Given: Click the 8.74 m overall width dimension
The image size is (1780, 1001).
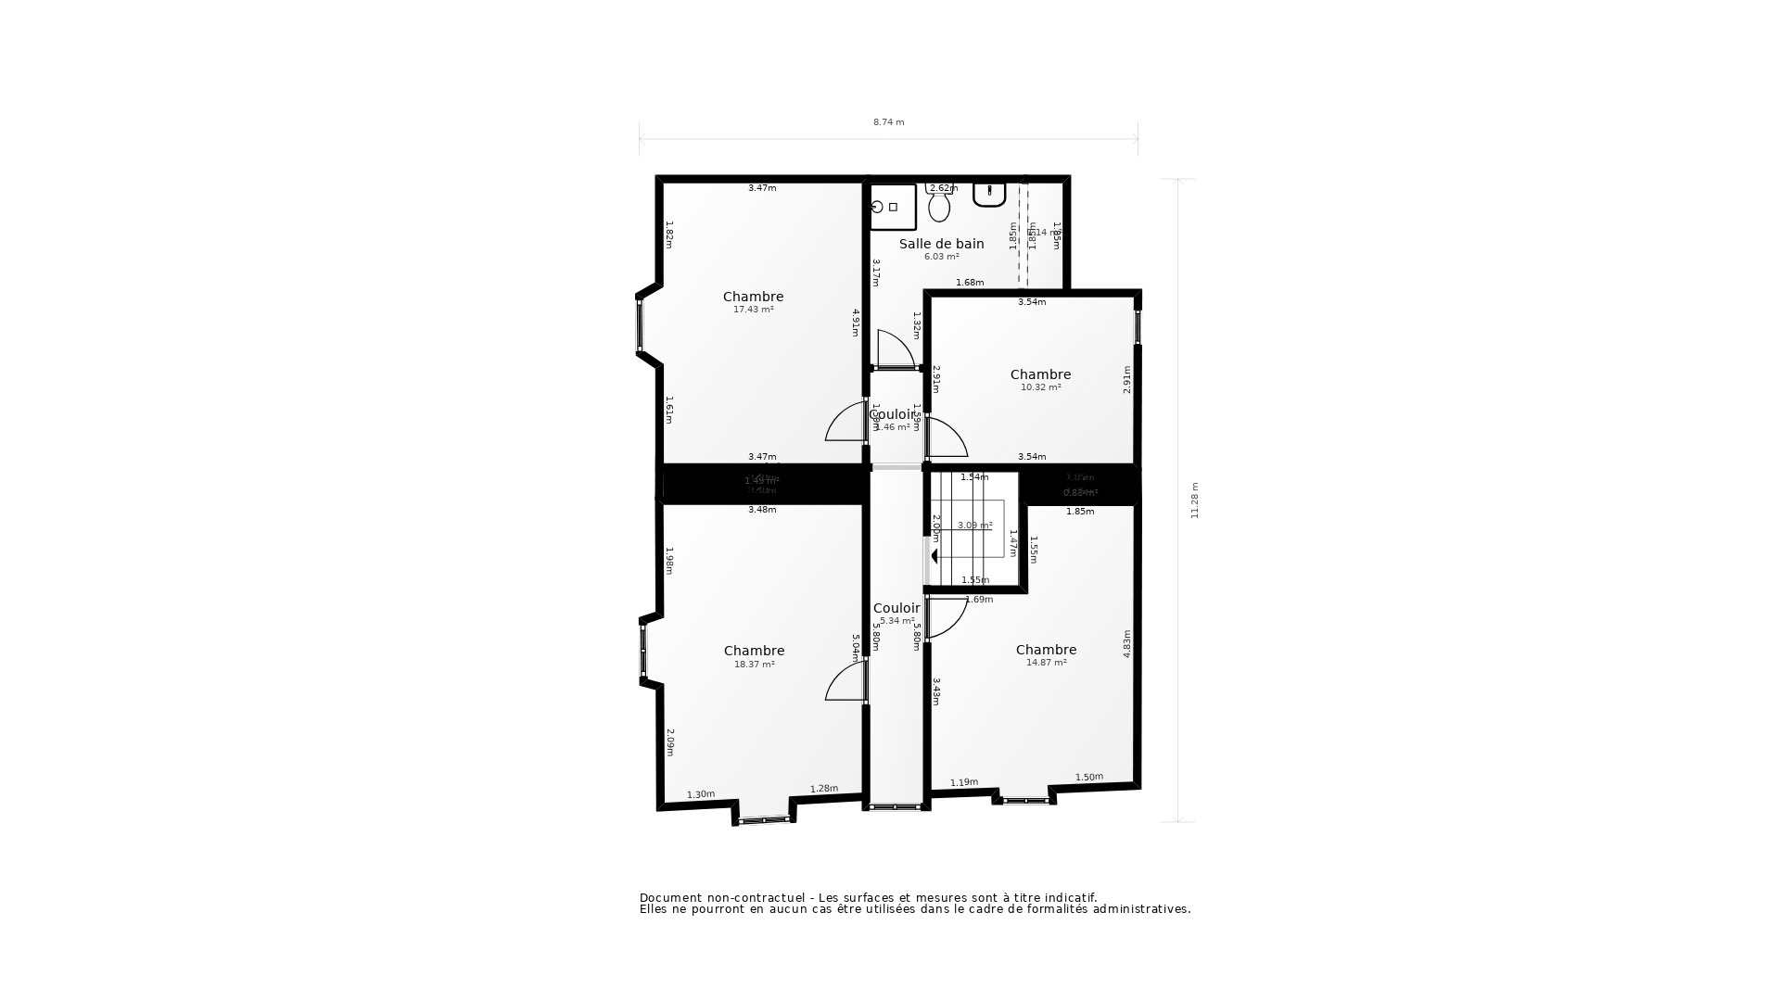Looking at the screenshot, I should point(888,122).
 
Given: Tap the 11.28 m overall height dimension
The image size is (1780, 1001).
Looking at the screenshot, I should point(1195,500).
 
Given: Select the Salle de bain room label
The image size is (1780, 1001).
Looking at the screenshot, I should point(941,244).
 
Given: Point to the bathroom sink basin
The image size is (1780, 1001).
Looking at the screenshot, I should point(989,194).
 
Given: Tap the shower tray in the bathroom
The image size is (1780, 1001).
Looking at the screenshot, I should point(892,207).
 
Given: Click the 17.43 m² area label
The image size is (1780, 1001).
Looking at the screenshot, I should point(753,310).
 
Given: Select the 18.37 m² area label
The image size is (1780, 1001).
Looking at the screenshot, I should point(754,665).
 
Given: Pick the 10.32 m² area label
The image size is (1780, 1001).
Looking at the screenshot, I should point(1040,387).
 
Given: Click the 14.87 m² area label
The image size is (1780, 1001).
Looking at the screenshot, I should point(1046,663).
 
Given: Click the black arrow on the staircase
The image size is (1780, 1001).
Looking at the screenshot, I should point(934,556).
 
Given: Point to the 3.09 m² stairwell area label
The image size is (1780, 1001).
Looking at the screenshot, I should point(974,526).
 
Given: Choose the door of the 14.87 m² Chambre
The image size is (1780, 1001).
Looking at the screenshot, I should point(945,617).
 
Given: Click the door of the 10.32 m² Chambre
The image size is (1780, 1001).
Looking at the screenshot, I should point(945,438).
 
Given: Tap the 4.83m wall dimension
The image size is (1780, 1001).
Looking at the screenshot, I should point(1127,644).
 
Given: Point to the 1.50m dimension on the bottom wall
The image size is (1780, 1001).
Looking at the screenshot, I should point(1089,777).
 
